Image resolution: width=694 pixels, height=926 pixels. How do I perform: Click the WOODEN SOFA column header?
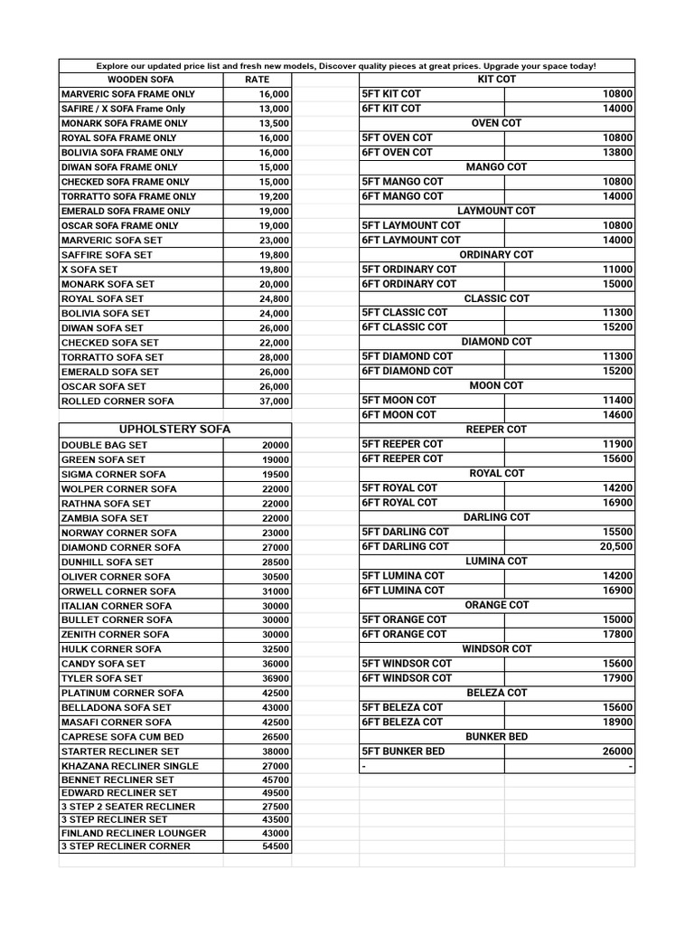click(x=140, y=80)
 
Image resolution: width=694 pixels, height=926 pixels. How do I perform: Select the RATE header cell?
click(x=258, y=80)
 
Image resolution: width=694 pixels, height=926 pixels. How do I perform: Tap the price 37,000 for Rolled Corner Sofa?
click(x=274, y=402)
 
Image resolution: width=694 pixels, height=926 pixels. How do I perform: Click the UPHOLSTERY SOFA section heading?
click(x=175, y=430)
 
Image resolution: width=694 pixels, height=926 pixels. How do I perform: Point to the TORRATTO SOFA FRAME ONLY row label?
click(x=128, y=196)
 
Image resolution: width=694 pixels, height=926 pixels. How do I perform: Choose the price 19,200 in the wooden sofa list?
click(x=274, y=196)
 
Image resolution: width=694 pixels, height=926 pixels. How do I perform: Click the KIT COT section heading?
click(x=496, y=80)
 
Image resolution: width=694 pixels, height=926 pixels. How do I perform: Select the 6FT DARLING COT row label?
click(x=405, y=546)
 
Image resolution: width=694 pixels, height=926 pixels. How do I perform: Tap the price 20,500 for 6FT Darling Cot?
click(x=616, y=546)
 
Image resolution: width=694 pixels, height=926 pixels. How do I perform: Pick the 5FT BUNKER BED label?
click(x=403, y=751)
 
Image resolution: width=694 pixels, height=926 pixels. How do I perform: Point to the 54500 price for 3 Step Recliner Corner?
click(x=276, y=846)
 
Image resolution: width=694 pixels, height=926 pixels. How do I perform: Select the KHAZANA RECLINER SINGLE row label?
click(x=129, y=766)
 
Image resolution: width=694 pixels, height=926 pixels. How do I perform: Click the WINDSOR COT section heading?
click(x=496, y=649)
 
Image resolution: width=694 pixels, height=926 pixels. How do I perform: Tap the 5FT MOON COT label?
click(x=399, y=401)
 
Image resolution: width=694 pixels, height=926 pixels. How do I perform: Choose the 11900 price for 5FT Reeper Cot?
click(x=618, y=444)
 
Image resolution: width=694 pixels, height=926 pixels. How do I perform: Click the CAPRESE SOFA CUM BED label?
click(x=122, y=737)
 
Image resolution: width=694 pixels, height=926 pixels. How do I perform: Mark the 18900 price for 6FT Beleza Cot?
click(x=618, y=722)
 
